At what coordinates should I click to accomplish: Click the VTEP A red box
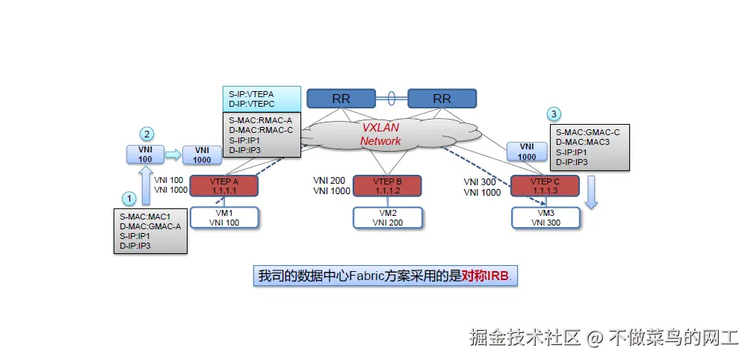coord(224,186)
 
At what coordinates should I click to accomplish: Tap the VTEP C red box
coord(544,186)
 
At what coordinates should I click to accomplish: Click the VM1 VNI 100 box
coord(224,217)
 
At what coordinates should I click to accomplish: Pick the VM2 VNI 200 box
coord(387,217)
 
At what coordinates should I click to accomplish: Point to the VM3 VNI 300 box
coord(545,217)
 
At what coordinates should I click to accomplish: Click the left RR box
coord(341,98)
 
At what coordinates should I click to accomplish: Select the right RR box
coord(442,98)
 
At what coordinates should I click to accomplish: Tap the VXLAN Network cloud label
coord(380,134)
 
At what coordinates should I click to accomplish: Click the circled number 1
coord(130,199)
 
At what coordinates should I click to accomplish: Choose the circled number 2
coord(148,134)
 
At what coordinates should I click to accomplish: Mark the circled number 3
coord(553,114)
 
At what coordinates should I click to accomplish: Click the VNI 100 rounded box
coord(145,155)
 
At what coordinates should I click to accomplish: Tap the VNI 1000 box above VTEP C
coord(527,152)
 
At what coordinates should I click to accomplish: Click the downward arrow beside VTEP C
coord(591,192)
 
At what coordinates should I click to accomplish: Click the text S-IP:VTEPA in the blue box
coord(251,94)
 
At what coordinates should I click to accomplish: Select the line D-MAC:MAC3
coord(582,142)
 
